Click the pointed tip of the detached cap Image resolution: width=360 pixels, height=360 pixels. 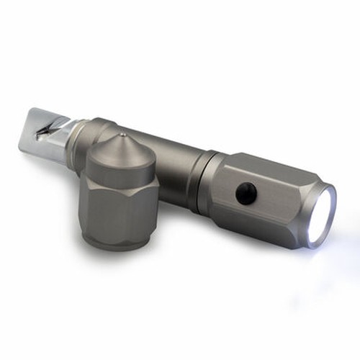(122, 134)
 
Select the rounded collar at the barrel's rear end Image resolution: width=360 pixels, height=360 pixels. (101, 130)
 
